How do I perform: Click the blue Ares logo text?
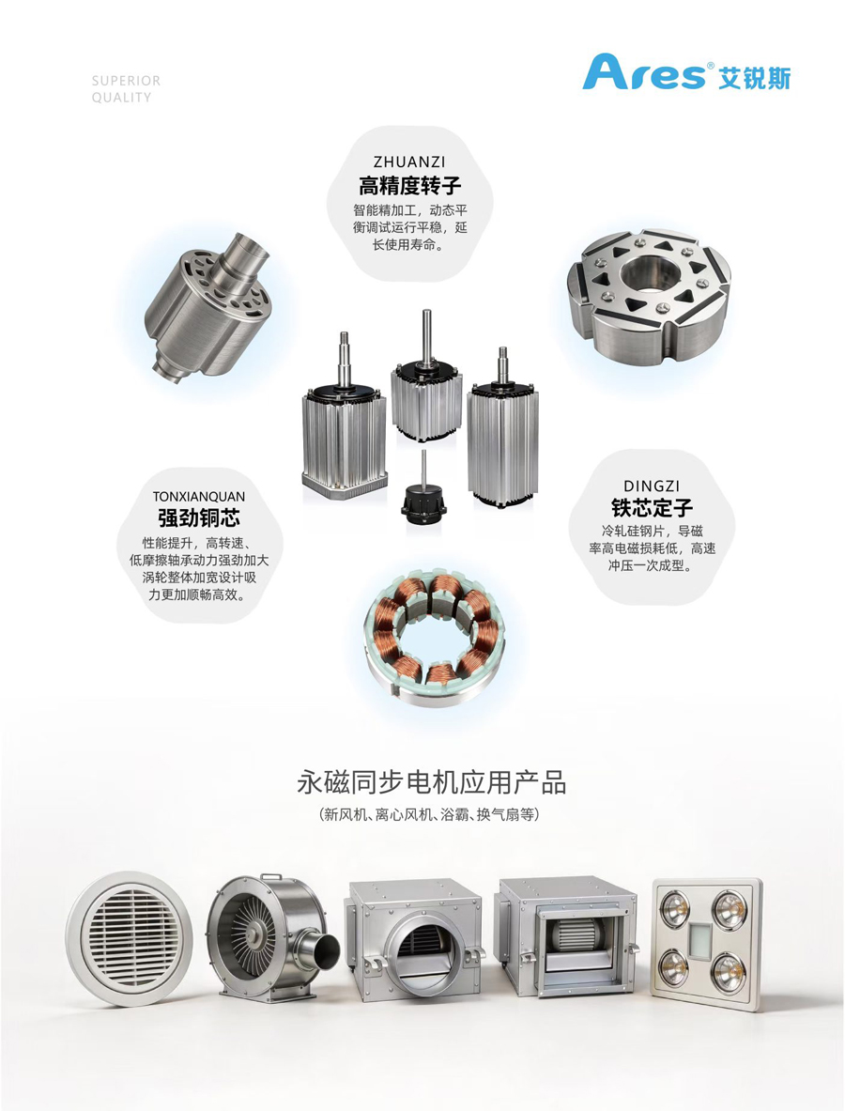(645, 73)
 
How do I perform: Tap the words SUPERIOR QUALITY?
(126, 89)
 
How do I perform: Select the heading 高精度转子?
(409, 186)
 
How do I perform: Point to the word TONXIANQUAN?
(199, 497)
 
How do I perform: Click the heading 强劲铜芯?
(199, 518)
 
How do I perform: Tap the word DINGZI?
(652, 486)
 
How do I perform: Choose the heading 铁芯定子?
(652, 508)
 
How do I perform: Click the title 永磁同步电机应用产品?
(431, 783)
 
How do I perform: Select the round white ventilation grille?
(129, 938)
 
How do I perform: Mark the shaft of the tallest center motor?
(427, 336)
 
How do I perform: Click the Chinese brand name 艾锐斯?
(754, 76)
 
